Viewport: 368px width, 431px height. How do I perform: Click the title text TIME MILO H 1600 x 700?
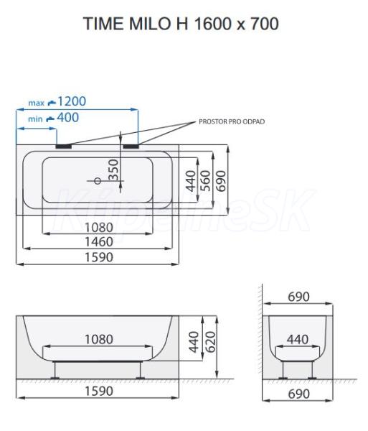click(x=181, y=24)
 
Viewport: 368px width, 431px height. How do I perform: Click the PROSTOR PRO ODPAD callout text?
click(x=232, y=121)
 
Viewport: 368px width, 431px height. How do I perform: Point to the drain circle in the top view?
click(x=98, y=181)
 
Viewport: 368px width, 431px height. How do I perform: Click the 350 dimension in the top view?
click(x=113, y=170)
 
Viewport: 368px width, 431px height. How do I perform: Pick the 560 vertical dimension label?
click(x=206, y=181)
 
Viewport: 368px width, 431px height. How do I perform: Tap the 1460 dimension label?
click(x=99, y=242)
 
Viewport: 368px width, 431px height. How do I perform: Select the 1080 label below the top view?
click(x=99, y=228)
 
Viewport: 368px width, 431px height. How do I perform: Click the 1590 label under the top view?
click(x=99, y=257)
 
